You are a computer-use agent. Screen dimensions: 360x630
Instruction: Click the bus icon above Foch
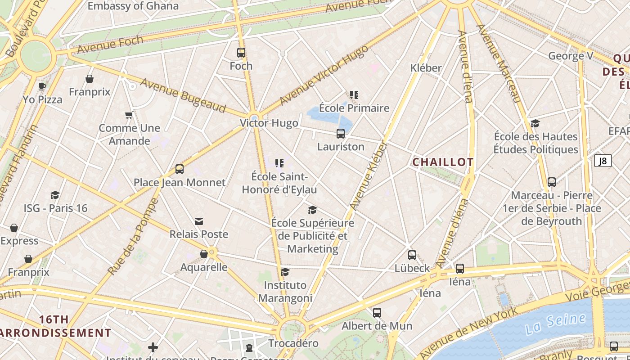pyautogui.click(x=241, y=53)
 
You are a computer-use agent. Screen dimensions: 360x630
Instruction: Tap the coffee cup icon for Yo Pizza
pyautogui.click(x=42, y=86)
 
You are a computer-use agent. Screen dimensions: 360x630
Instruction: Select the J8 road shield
pyautogui.click(x=603, y=161)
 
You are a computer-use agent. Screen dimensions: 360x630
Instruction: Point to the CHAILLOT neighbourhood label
pyautogui.click(x=443, y=162)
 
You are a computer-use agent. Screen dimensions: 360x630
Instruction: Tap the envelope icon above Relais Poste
pyautogui.click(x=199, y=221)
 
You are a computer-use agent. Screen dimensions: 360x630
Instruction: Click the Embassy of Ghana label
pyautogui.click(x=133, y=6)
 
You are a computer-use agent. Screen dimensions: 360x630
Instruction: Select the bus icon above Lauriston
pyautogui.click(x=341, y=134)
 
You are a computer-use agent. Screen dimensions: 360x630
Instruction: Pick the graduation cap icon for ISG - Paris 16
pyautogui.click(x=55, y=195)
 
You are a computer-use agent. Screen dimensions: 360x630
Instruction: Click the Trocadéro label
pyautogui.click(x=293, y=343)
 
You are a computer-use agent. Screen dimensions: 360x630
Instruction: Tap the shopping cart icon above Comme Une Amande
pyautogui.click(x=129, y=115)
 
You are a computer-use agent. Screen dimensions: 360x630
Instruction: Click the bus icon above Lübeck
pyautogui.click(x=412, y=255)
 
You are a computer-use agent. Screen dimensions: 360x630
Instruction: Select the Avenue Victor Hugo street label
pyautogui.click(x=324, y=75)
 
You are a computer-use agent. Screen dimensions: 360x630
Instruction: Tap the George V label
pyautogui.click(x=571, y=56)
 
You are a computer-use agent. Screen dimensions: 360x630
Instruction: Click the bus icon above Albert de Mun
pyautogui.click(x=377, y=312)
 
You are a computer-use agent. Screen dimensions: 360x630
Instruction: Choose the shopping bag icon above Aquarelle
pyautogui.click(x=204, y=254)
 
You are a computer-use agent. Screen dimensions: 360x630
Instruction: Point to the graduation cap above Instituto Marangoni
pyautogui.click(x=285, y=272)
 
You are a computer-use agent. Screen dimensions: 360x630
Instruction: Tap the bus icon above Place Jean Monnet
pyautogui.click(x=180, y=169)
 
